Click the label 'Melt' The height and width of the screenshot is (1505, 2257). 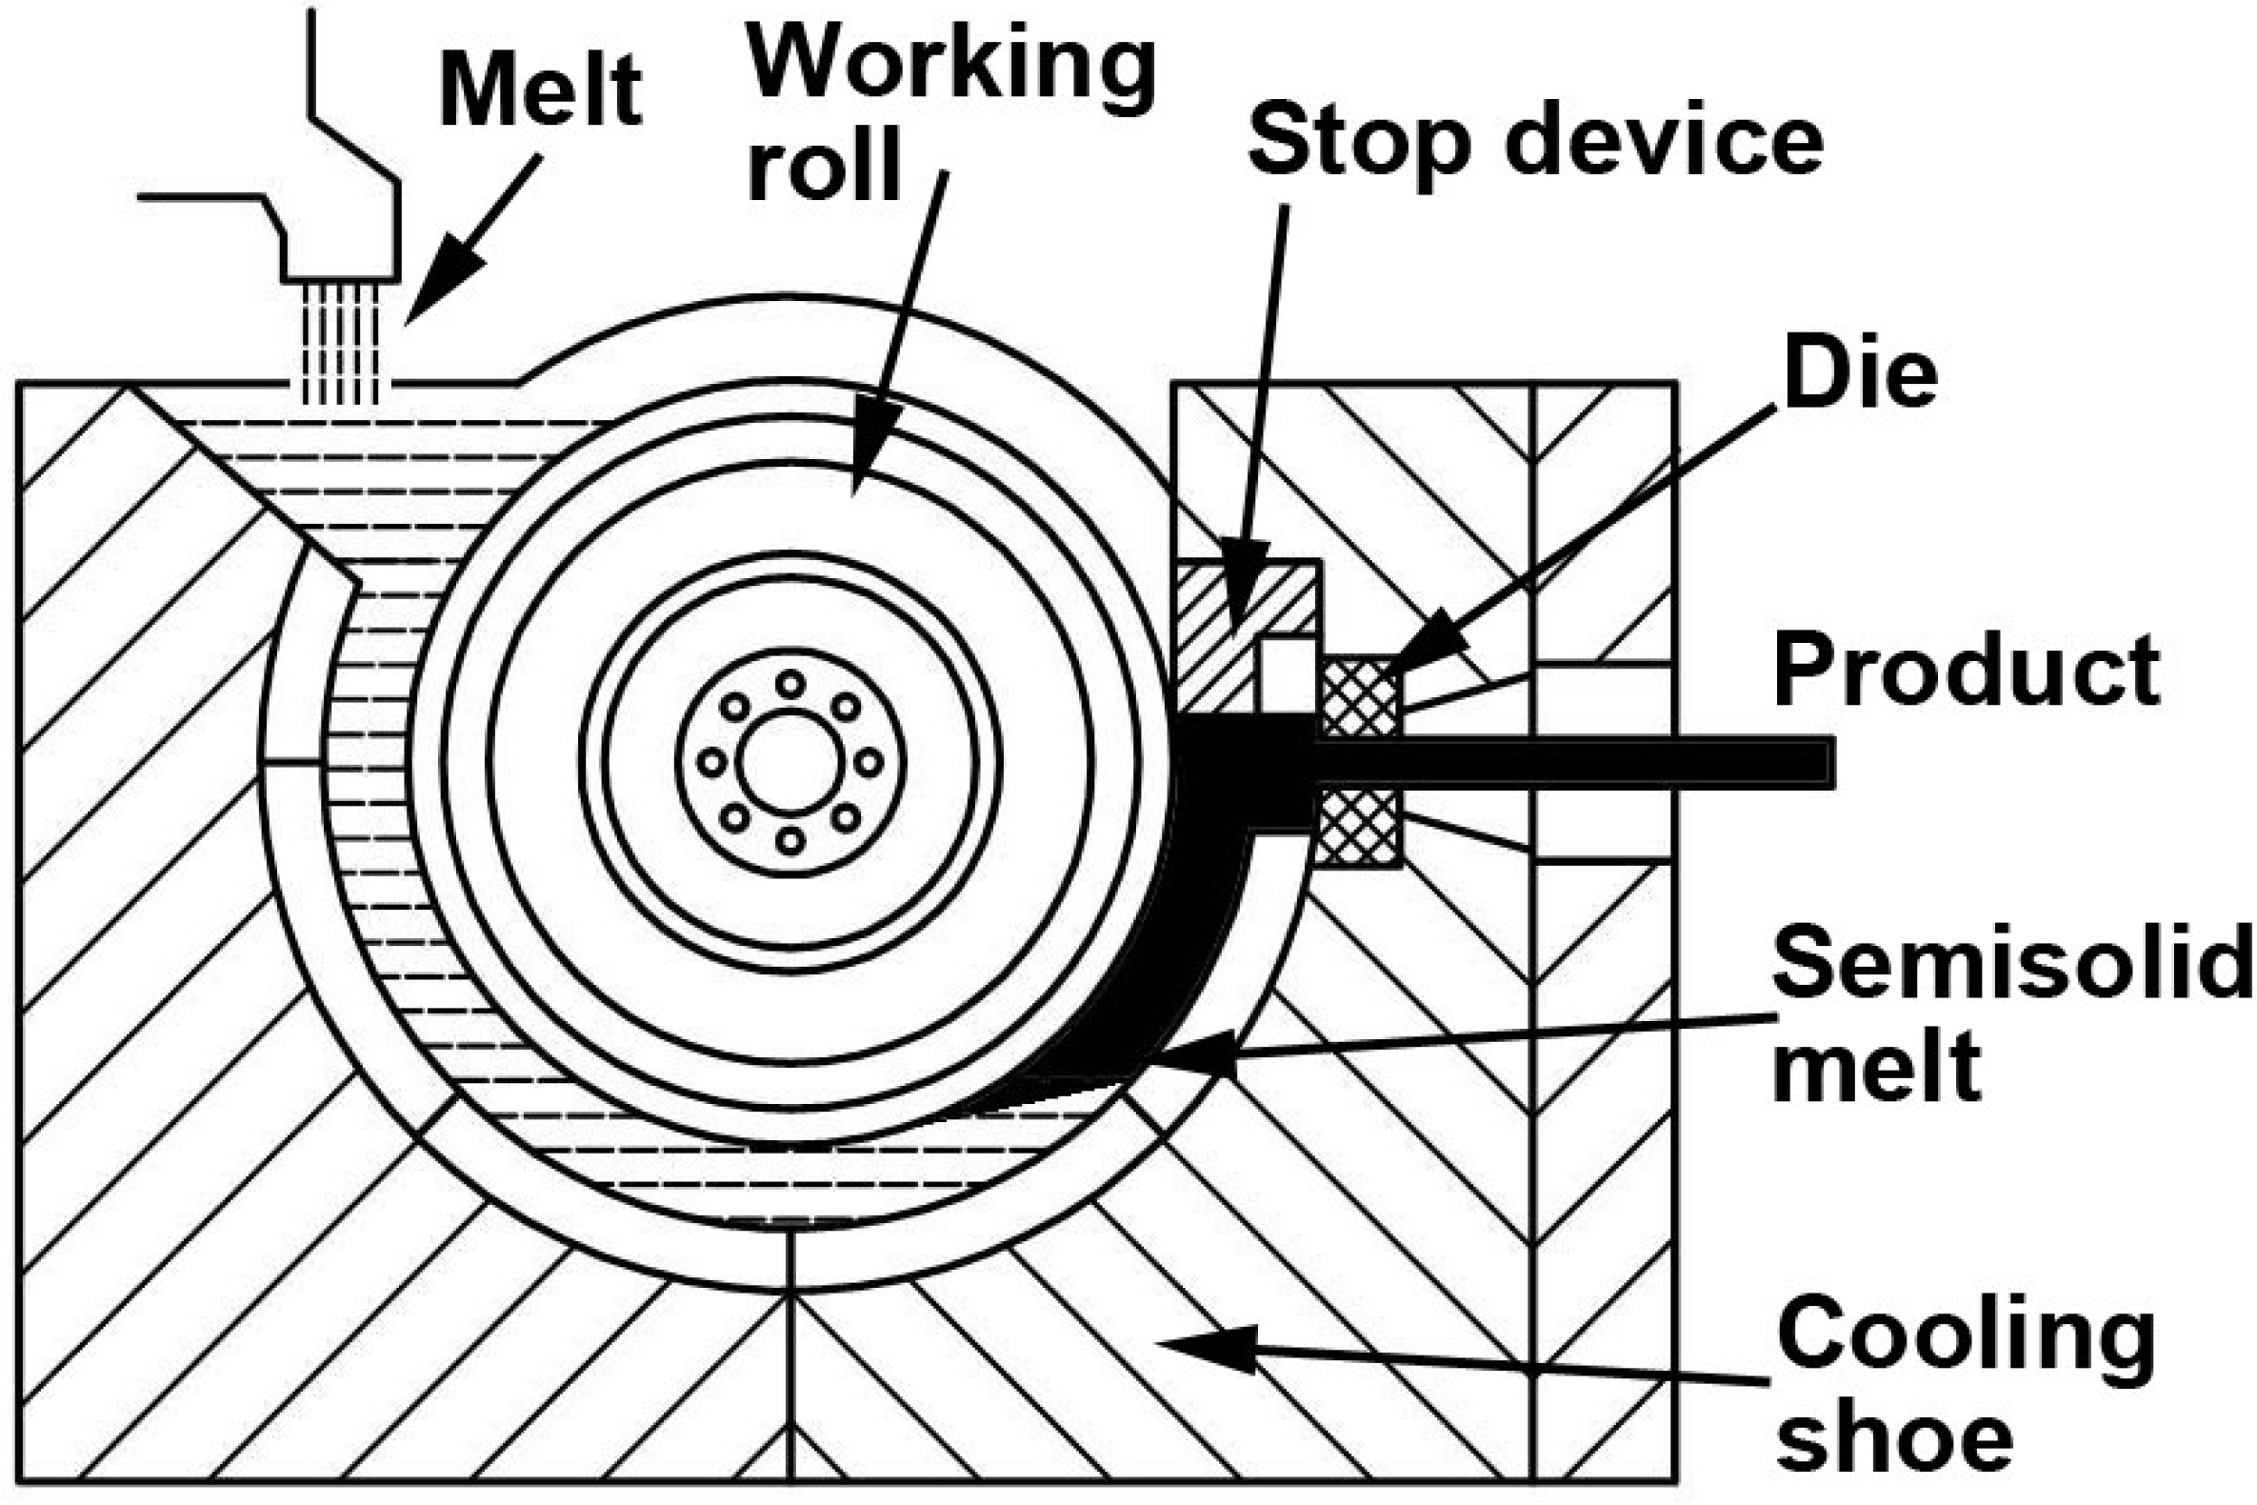(540, 91)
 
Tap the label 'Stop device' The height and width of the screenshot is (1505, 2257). (1534, 142)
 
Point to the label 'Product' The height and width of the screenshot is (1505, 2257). (1967, 670)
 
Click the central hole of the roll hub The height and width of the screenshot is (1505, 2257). (789, 763)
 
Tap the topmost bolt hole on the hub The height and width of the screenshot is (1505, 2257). (789, 684)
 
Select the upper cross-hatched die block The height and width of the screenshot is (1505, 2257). (1359, 698)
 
